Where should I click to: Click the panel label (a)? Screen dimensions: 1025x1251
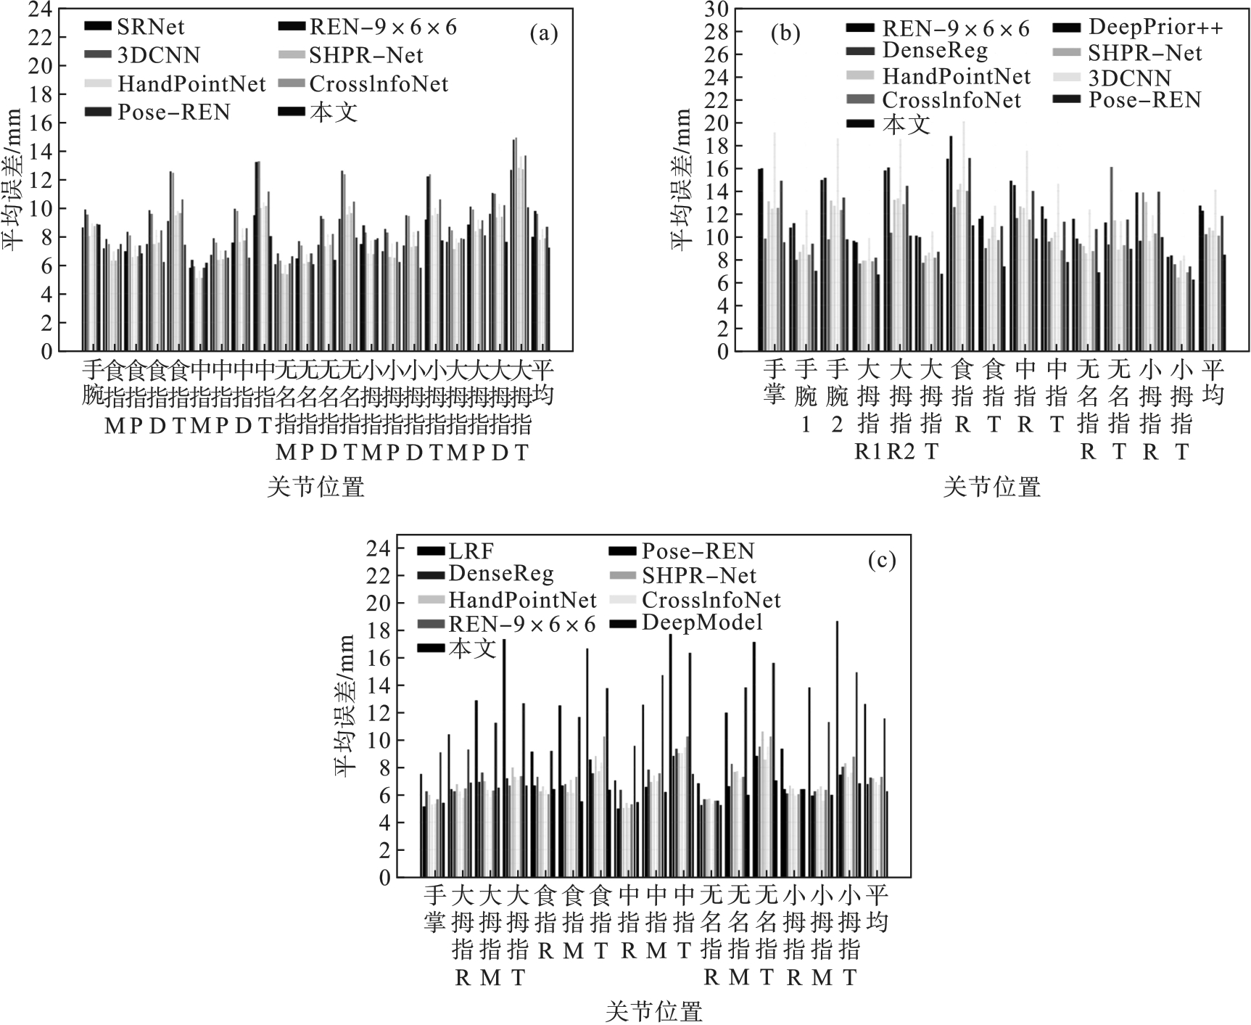click(x=544, y=33)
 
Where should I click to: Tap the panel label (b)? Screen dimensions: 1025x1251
click(x=785, y=33)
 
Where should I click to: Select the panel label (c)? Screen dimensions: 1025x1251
click(x=882, y=560)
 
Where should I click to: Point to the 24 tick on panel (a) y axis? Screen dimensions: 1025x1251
click(x=41, y=9)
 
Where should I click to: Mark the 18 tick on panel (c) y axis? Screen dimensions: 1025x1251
click(x=379, y=631)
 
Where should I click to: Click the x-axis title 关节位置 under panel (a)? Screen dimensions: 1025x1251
click(x=315, y=487)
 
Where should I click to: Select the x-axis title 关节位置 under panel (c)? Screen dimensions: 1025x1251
click(x=654, y=1011)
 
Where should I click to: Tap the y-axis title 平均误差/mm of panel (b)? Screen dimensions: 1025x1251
click(x=682, y=179)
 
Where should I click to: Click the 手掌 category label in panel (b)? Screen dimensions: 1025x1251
click(x=774, y=382)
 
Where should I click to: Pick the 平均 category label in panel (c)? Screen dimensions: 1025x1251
click(x=877, y=907)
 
